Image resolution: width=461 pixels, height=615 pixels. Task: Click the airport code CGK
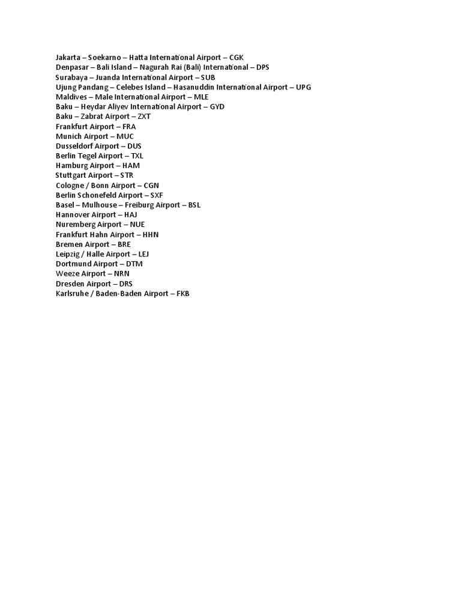click(237, 58)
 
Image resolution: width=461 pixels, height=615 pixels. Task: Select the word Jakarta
click(67, 58)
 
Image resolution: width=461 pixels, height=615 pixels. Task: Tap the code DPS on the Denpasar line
click(263, 67)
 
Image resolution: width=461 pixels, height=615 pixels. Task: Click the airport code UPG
click(304, 87)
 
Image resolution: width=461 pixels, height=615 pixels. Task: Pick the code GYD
click(217, 106)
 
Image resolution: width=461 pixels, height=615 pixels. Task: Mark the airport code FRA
click(129, 127)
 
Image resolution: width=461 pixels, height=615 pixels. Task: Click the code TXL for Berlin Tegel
click(137, 156)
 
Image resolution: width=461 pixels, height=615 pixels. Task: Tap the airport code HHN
click(151, 235)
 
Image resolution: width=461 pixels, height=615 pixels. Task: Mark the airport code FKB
click(183, 294)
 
